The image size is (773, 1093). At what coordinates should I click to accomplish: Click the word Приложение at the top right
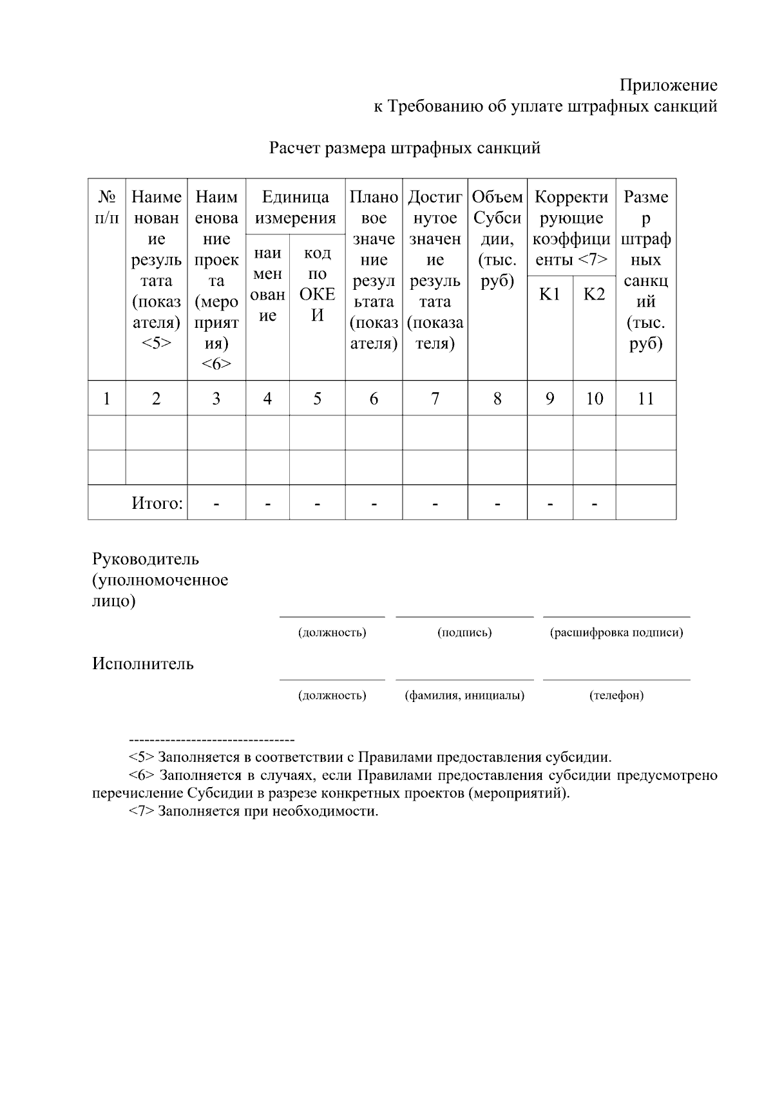click(668, 85)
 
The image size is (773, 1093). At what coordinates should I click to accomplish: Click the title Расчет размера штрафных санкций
click(404, 148)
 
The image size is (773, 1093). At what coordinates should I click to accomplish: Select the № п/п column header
click(106, 207)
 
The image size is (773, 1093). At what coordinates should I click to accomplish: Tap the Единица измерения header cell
click(295, 207)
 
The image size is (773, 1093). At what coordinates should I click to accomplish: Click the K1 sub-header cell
click(549, 294)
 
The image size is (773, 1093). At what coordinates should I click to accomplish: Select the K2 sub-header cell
click(594, 294)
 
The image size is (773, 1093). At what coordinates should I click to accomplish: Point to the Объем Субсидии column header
click(497, 239)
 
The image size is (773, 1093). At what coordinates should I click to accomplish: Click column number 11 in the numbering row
click(645, 399)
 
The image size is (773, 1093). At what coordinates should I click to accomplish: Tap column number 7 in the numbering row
click(435, 399)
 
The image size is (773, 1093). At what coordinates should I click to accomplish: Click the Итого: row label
click(157, 503)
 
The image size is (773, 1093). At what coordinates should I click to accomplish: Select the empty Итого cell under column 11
click(645, 502)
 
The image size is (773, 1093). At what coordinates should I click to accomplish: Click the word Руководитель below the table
click(146, 558)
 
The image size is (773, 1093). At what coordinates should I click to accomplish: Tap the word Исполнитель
click(142, 664)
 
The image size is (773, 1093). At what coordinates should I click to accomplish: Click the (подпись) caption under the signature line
click(464, 632)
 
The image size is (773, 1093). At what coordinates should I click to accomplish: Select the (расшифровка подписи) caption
click(616, 632)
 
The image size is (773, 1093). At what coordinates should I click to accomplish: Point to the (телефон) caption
click(616, 696)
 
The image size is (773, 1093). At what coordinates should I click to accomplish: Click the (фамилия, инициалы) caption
click(464, 696)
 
